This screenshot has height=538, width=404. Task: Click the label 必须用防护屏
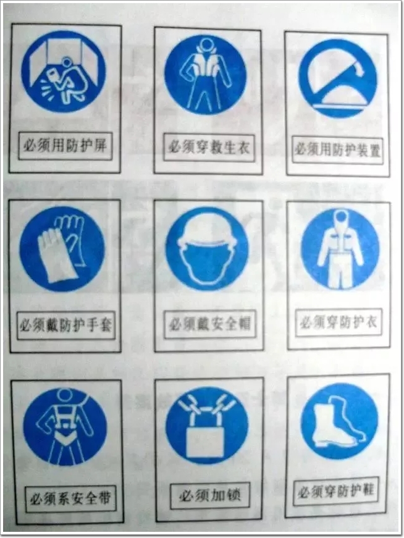[65, 146]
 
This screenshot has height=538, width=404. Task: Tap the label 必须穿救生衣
[209, 148]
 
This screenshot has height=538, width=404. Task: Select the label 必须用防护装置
[338, 150]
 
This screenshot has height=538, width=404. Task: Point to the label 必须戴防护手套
[65, 325]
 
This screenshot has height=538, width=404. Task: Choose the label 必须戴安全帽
[210, 324]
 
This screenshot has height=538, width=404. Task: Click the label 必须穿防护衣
[339, 322]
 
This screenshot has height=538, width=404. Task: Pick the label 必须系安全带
[70, 498]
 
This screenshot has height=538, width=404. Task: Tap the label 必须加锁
[210, 495]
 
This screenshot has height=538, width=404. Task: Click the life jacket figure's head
[207, 44]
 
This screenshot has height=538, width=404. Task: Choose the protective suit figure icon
[340, 249]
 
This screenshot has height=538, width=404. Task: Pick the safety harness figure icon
[65, 427]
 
